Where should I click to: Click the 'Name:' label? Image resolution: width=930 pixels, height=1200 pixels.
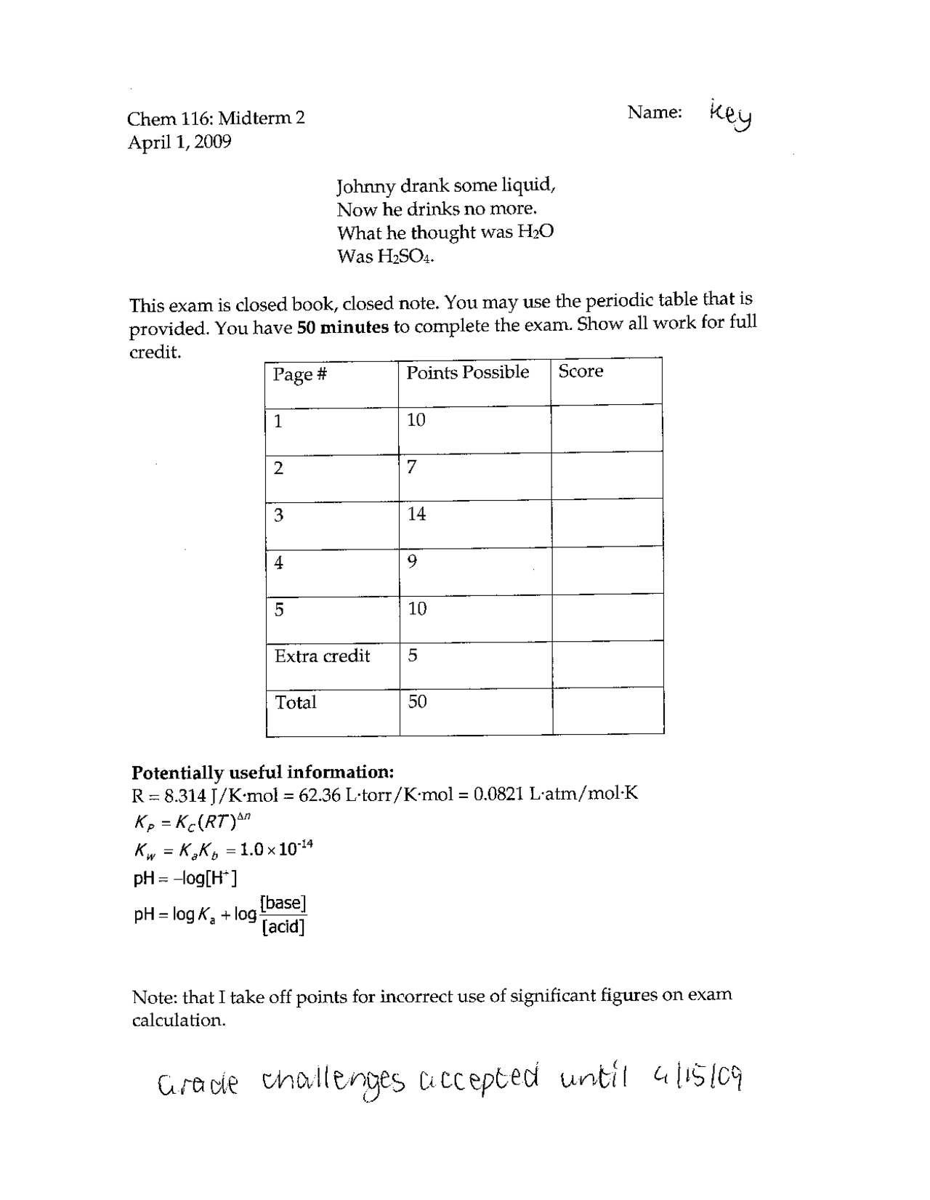click(x=655, y=112)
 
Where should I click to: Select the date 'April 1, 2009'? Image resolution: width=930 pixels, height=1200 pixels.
click(x=179, y=142)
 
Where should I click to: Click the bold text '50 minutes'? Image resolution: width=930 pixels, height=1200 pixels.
click(x=343, y=327)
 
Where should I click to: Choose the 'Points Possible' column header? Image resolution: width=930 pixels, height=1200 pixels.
click(x=467, y=372)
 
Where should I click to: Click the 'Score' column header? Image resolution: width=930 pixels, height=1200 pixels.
click(x=581, y=371)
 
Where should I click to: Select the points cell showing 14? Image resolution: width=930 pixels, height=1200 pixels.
click(x=416, y=514)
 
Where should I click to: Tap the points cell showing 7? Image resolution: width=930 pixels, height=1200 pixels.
click(x=411, y=467)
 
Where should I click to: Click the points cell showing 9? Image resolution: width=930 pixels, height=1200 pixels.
click(x=412, y=561)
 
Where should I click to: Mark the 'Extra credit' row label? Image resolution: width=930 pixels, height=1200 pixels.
click(x=322, y=656)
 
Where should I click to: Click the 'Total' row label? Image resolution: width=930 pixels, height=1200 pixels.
click(x=296, y=702)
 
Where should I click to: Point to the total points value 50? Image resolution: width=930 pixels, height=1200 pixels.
click(x=417, y=701)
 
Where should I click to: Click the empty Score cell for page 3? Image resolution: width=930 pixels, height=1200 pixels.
click(x=607, y=522)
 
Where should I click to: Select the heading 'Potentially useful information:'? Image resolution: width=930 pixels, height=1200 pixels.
click(x=263, y=772)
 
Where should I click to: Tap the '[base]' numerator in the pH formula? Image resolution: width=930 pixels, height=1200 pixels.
click(x=283, y=903)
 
